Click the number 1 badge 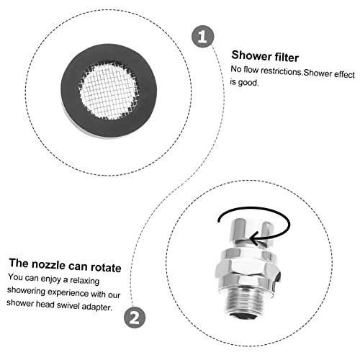[202, 37]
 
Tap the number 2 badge [135, 318]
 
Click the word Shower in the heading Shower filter [251, 56]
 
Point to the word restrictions [281, 71]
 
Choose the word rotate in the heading [106, 267]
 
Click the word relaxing [84, 280]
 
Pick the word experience [68, 293]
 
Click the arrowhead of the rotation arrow [254, 238]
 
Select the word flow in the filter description [251, 70]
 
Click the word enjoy [50, 279]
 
